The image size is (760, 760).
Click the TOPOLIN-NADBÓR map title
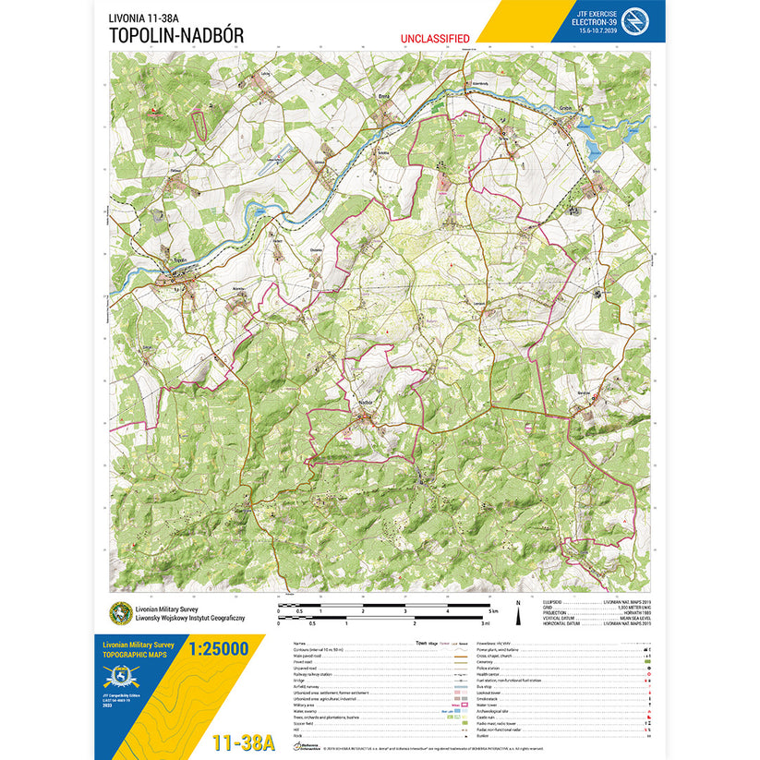pyautogui.click(x=175, y=34)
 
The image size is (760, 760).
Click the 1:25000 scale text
pyautogui.click(x=218, y=649)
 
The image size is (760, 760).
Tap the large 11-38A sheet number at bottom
pyautogui.click(x=243, y=742)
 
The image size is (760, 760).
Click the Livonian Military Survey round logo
pyautogui.click(x=120, y=614)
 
